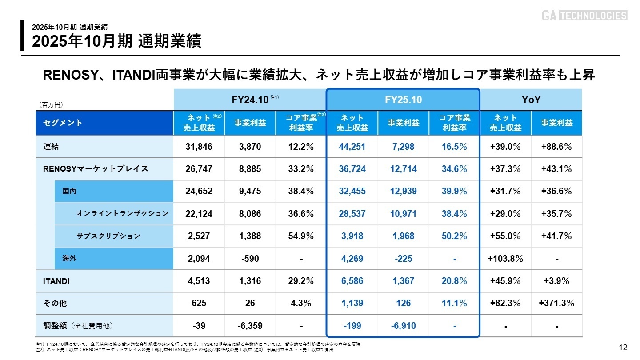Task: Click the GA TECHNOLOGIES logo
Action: pyautogui.click(x=584, y=16)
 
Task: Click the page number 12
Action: pyautogui.click(x=623, y=347)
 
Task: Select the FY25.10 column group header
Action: pyautogui.click(x=403, y=100)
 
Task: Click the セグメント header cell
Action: pyautogui.click(x=63, y=123)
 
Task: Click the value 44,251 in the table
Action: pyautogui.click(x=352, y=147)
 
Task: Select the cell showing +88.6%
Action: pyautogui.click(x=556, y=147)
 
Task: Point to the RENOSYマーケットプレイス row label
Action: pyautogui.click(x=96, y=169)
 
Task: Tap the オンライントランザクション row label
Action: pyautogui.click(x=123, y=214)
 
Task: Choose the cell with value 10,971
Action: pyautogui.click(x=403, y=214)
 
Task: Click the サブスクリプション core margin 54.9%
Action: pyautogui.click(x=301, y=236)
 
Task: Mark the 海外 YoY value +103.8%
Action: pyautogui.click(x=505, y=259)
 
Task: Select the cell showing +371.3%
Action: pyautogui.click(x=556, y=304)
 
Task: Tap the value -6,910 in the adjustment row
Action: pyautogui.click(x=403, y=326)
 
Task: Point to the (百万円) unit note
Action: pyautogui.click(x=51, y=105)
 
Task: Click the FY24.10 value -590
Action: pyautogui.click(x=250, y=259)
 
